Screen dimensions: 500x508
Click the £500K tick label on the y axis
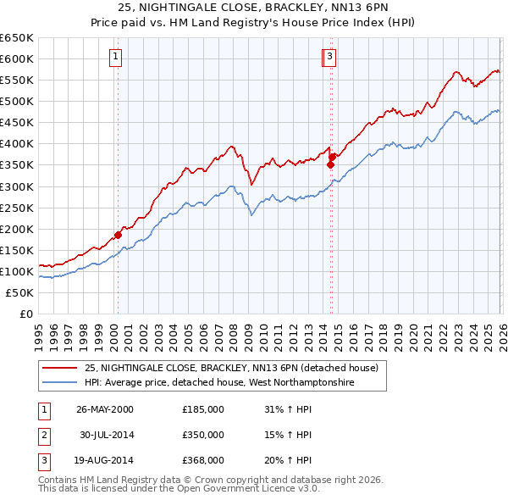(17, 101)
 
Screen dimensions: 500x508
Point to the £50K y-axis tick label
(19, 292)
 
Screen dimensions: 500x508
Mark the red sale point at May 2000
(119, 235)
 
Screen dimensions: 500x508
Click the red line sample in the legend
(61, 368)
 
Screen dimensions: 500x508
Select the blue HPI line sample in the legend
(61, 382)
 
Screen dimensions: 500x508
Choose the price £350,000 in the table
(202, 435)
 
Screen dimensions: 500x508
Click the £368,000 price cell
(202, 460)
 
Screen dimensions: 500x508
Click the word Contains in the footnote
(58, 480)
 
